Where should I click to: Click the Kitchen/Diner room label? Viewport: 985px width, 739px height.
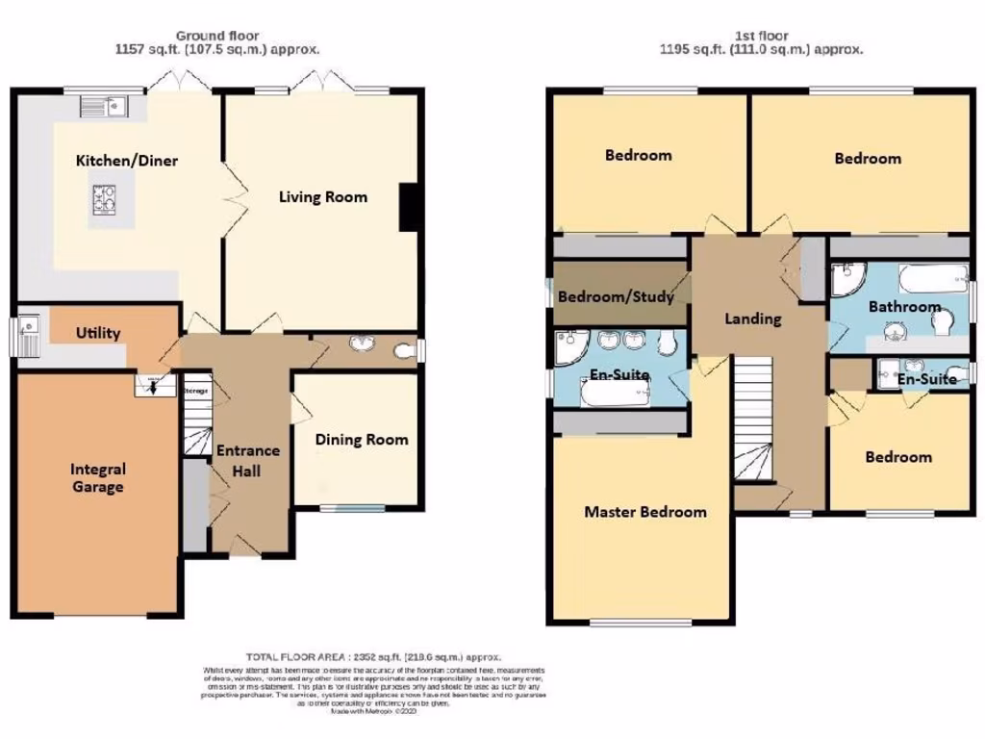pos(126,161)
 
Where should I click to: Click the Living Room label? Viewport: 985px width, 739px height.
pos(323,197)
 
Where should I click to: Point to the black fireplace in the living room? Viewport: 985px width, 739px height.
pos(409,206)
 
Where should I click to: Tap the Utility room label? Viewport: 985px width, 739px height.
pos(98,334)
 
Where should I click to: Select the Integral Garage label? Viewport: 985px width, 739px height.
pos(98,478)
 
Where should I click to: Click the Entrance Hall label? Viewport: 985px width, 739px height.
pos(247,460)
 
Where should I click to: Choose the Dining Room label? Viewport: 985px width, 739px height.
pos(361,440)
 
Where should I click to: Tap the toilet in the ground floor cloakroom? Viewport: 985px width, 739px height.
pos(407,350)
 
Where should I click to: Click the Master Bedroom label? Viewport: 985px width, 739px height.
pos(644,512)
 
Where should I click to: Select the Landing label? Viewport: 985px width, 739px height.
pos(752,319)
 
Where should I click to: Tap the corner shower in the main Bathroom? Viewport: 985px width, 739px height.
pos(848,280)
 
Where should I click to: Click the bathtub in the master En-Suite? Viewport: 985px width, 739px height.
pos(614,393)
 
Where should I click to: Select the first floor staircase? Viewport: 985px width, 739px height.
pos(753,419)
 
